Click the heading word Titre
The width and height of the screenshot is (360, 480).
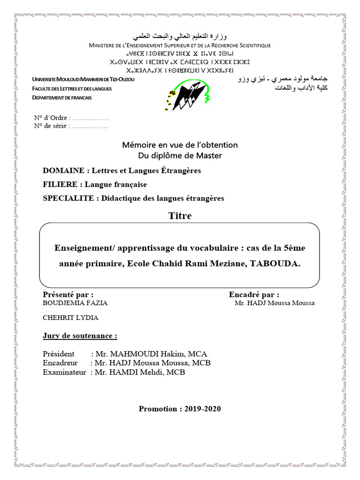click(x=180, y=216)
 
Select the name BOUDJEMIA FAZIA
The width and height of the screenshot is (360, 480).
click(x=75, y=303)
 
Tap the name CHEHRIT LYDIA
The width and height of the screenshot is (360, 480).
click(x=71, y=318)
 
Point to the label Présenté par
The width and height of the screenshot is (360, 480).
click(x=68, y=294)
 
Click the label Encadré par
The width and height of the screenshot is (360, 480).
click(x=254, y=294)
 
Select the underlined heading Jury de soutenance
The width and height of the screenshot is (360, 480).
click(x=80, y=336)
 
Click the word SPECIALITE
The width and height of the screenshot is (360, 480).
click(x=68, y=198)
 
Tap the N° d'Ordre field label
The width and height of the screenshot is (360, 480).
click(x=52, y=117)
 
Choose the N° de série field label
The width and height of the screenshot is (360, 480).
click(x=52, y=126)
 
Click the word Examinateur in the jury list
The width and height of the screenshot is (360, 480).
click(x=64, y=372)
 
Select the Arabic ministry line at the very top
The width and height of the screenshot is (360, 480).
click(x=180, y=36)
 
